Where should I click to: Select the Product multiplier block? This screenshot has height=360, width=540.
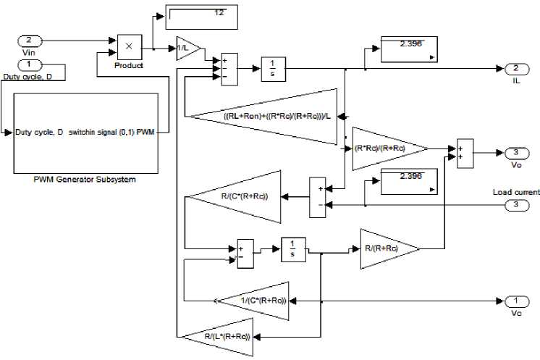click(128, 47)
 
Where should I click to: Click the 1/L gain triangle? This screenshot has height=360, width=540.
click(187, 49)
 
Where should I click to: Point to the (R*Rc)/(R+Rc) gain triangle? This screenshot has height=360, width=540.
click(384, 148)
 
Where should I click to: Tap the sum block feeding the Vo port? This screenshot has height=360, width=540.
click(464, 153)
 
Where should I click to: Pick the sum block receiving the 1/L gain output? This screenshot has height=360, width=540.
click(228, 70)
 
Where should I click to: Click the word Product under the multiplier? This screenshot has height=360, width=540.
click(128, 65)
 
